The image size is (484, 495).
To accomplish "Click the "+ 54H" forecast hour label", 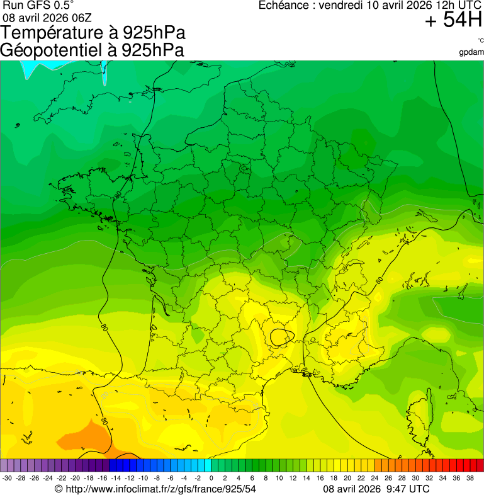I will click(453, 21).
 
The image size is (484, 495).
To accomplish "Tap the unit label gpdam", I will click(471, 52).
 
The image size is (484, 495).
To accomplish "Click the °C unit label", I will click(480, 40).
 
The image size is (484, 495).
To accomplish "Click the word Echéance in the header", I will click(285, 6).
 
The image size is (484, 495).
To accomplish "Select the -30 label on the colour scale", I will click(7, 478).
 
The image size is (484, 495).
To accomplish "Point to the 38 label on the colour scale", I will click(470, 478).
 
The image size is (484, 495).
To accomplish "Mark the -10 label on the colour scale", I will click(143, 478).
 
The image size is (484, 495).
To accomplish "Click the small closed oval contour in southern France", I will click(281, 337).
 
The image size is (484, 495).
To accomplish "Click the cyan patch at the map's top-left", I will click(28, 68).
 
